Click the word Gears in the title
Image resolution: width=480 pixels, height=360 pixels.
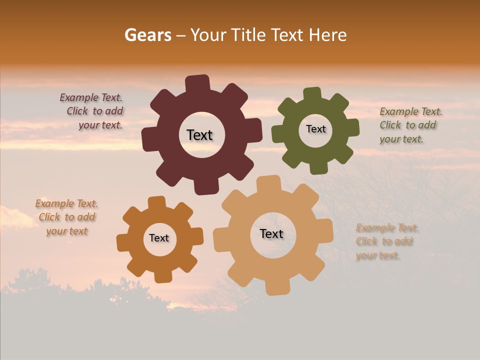(x=147, y=35)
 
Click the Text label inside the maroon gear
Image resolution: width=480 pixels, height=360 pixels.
(x=199, y=135)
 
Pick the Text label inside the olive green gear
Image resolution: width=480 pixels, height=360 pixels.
(x=315, y=129)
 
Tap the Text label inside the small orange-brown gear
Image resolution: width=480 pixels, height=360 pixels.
(x=159, y=238)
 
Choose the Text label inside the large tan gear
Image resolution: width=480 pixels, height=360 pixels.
(x=271, y=233)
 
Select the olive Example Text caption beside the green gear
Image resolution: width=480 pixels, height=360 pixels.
(x=410, y=125)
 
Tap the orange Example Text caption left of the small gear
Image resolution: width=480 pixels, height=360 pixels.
(x=67, y=217)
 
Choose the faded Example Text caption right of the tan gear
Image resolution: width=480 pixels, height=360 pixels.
(x=386, y=241)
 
